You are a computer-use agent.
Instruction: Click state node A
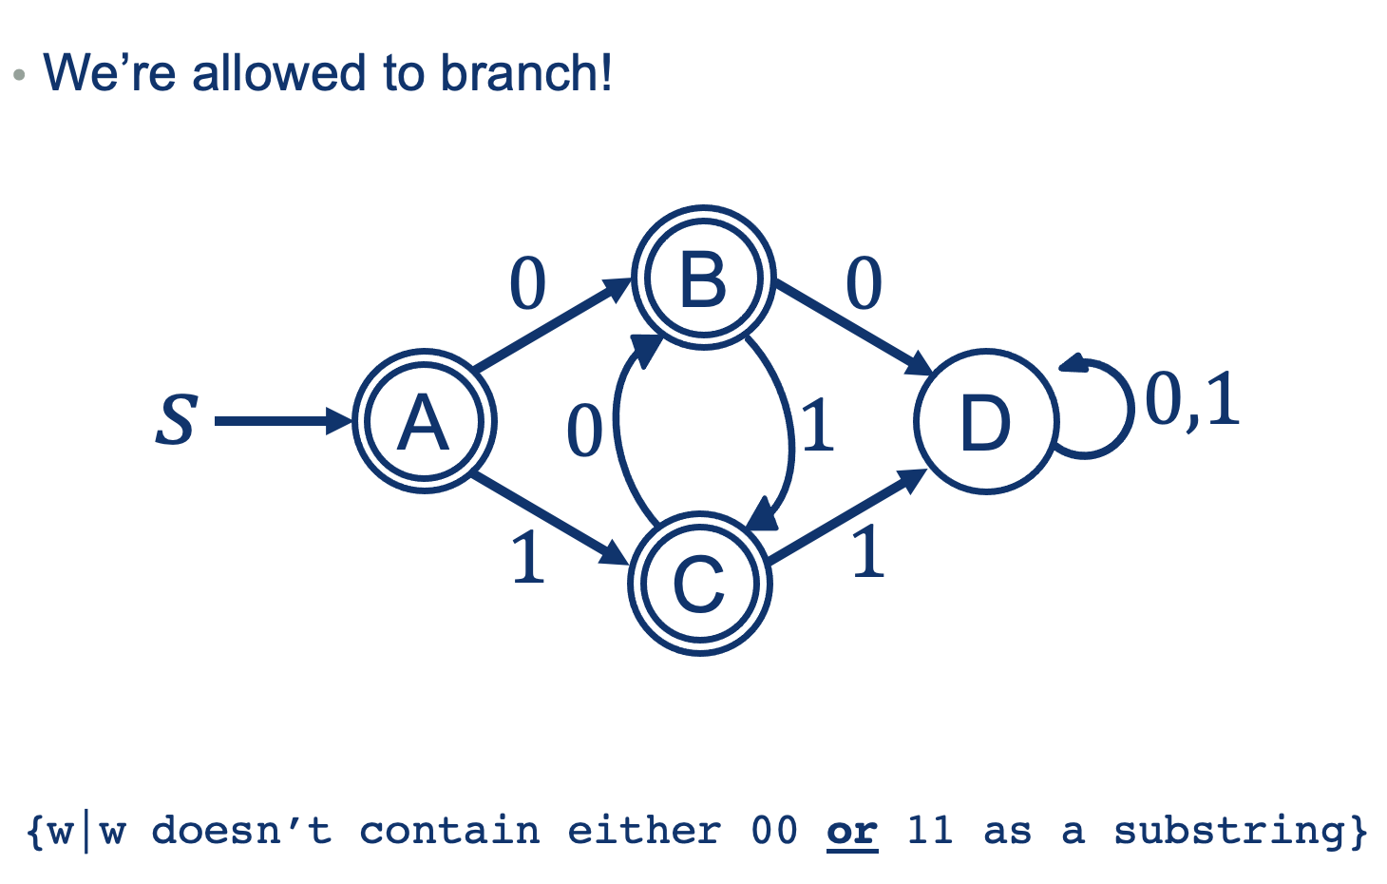click(424, 421)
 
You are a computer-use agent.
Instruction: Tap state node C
click(700, 583)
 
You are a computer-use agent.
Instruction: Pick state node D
click(986, 421)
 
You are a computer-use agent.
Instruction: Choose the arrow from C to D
click(845, 517)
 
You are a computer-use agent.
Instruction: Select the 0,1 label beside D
click(1192, 399)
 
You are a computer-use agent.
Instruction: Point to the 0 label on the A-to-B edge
click(528, 283)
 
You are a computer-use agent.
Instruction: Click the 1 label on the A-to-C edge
click(527, 557)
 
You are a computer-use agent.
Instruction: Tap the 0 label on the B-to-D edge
click(864, 283)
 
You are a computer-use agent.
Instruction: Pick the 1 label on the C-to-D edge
click(867, 553)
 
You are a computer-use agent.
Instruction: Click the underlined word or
click(851, 831)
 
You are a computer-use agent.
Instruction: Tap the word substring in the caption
click(1229, 831)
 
